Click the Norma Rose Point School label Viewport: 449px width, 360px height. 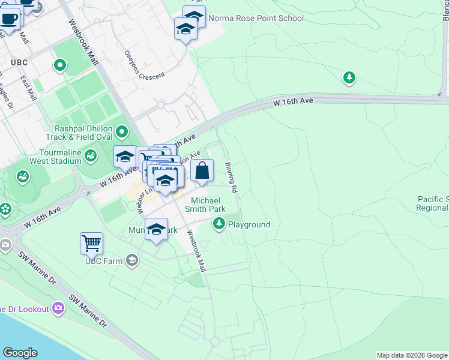coord(256,18)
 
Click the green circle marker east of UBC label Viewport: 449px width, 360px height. coord(59,65)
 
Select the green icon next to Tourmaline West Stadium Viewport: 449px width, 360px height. coord(91,157)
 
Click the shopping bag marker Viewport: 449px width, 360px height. coord(203,170)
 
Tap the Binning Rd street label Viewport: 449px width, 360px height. coord(231,178)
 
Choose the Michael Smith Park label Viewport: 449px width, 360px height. coord(208,205)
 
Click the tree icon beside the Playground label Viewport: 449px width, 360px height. coord(219,224)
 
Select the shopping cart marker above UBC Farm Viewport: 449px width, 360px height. coord(91,244)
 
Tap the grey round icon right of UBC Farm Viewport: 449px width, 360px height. coord(131,260)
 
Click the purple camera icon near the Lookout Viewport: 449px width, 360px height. coord(58,308)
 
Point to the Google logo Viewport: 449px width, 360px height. coord(20,353)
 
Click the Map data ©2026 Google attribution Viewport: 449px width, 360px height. coord(412,355)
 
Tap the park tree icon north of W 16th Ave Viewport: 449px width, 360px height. coord(349,77)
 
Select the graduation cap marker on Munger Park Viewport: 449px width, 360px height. coord(156,229)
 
